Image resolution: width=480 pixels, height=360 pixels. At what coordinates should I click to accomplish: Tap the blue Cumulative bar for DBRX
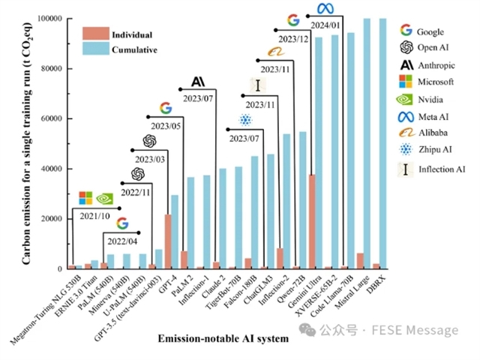click(x=383, y=142)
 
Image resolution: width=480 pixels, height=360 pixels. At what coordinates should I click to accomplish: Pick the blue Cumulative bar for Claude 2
click(x=222, y=218)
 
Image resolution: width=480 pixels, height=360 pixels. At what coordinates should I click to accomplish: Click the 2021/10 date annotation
click(x=96, y=216)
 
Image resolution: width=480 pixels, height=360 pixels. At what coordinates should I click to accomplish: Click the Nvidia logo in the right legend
click(x=406, y=99)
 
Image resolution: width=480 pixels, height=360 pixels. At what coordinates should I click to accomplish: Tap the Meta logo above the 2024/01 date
click(x=325, y=8)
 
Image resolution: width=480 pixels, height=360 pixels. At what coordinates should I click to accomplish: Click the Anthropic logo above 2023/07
click(x=199, y=81)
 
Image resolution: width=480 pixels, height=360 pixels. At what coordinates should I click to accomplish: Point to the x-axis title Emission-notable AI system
click(x=223, y=339)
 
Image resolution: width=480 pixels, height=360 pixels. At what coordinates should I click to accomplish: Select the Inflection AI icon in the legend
click(x=406, y=169)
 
